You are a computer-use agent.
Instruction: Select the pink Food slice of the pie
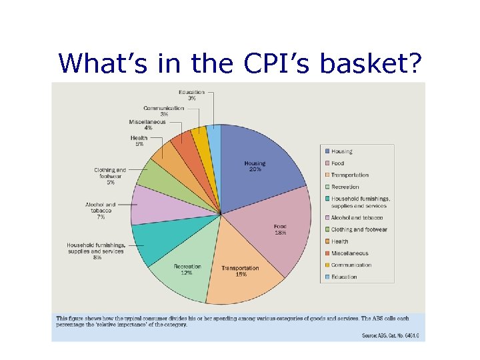(x=283, y=227)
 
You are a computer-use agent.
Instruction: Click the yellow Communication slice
(x=200, y=140)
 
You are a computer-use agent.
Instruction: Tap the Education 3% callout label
(x=191, y=95)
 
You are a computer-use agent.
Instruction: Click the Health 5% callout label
(x=139, y=141)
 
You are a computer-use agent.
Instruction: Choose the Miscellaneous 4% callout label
(x=147, y=125)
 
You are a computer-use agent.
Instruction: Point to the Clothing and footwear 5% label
(x=110, y=176)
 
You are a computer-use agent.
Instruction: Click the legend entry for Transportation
(x=349, y=175)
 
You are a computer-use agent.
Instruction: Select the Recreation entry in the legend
(x=345, y=187)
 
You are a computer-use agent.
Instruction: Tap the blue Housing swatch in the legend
(x=327, y=152)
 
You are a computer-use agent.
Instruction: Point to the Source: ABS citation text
(x=390, y=335)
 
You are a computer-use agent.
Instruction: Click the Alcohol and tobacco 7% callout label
(x=100, y=211)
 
